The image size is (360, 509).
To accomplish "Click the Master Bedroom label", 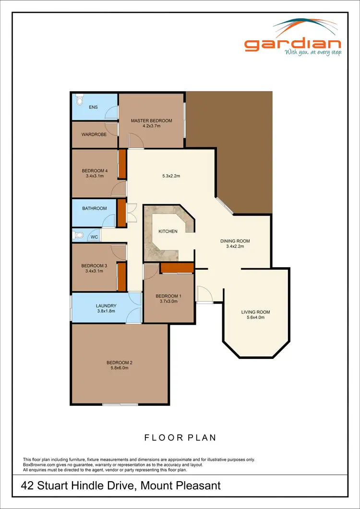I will [151, 121].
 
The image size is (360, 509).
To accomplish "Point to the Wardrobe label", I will [94, 134].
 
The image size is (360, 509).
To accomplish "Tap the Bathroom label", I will [94, 208].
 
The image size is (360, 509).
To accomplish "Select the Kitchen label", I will [168, 231].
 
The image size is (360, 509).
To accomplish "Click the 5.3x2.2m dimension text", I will [171, 176].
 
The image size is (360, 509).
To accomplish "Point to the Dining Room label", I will [235, 241].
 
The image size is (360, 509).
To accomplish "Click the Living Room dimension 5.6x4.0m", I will [255, 318].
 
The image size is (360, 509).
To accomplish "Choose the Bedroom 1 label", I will [168, 296].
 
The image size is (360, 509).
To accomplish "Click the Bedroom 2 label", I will [119, 362].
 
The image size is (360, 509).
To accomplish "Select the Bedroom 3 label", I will [94, 266].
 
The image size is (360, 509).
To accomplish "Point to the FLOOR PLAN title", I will [180, 438].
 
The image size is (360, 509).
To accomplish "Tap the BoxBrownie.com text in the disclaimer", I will [41, 464].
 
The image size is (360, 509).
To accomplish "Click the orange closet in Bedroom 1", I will [177, 268].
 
